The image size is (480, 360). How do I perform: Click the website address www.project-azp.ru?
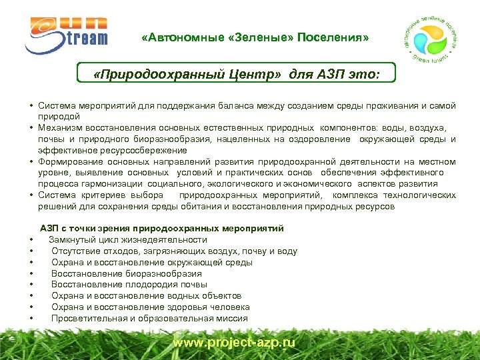(x=233, y=342)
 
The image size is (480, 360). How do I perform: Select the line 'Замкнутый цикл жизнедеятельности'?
(x=127, y=240)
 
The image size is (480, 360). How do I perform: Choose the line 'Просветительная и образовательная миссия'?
(x=149, y=319)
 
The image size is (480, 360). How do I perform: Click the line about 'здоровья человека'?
(x=150, y=307)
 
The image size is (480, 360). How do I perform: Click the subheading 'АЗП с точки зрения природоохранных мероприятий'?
(x=162, y=229)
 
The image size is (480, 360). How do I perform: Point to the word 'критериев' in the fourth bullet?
(x=116, y=196)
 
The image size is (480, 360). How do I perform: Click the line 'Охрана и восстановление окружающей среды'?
(x=151, y=263)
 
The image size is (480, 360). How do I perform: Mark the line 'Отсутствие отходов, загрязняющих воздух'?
(x=174, y=251)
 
